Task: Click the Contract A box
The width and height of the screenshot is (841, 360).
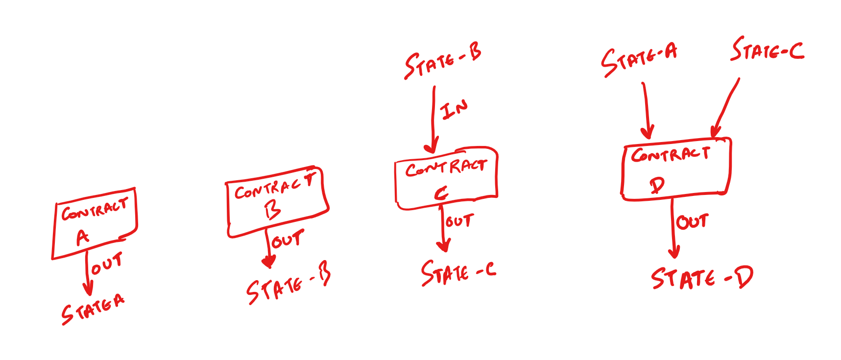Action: click(95, 223)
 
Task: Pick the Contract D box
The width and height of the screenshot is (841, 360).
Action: click(676, 169)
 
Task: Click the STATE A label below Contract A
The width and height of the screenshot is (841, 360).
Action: click(93, 309)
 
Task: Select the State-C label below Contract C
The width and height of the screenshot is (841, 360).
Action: click(458, 273)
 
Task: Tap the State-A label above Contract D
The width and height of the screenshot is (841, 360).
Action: click(639, 60)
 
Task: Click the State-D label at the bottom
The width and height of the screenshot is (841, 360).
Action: click(701, 279)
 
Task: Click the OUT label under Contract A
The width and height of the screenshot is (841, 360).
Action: click(107, 264)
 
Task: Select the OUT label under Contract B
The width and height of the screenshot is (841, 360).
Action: click(288, 240)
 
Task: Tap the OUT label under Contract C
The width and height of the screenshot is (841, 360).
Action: click(459, 221)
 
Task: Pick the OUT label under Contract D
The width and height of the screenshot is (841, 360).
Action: click(692, 222)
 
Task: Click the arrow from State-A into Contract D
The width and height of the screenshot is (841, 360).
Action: click(646, 111)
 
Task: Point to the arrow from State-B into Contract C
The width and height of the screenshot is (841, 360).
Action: click(433, 120)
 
